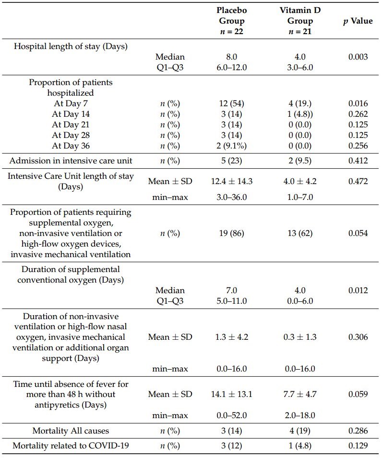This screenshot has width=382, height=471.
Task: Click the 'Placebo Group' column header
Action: (x=232, y=21)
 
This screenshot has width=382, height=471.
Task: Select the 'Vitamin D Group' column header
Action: (x=300, y=21)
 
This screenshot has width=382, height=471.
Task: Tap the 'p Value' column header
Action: (x=358, y=21)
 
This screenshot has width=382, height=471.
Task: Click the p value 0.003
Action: (x=358, y=57)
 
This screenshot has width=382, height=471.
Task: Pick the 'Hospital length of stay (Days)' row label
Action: (x=70, y=46)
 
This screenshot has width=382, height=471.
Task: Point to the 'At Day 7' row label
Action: (x=71, y=103)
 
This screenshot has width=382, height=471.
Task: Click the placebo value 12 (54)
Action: (x=232, y=103)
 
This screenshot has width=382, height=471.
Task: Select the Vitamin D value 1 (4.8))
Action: (x=300, y=114)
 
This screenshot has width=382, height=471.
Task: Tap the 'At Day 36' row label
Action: (x=71, y=146)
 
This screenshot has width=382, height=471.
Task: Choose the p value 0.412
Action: (x=358, y=161)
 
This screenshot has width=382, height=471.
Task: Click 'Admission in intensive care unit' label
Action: (x=71, y=161)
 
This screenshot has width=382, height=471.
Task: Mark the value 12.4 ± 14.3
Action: (x=232, y=181)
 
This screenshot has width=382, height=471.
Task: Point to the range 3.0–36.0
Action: (x=232, y=197)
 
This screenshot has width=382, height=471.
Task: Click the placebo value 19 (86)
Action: (x=232, y=233)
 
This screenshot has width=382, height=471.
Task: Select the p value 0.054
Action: (x=358, y=233)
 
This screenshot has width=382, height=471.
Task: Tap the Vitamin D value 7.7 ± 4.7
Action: (x=300, y=394)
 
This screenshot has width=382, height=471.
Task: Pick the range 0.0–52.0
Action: (x=232, y=415)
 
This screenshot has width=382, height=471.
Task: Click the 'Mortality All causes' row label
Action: (x=71, y=431)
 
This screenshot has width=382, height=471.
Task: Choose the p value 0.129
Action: (x=358, y=446)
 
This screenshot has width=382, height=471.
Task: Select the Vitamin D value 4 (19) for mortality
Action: (x=300, y=431)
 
